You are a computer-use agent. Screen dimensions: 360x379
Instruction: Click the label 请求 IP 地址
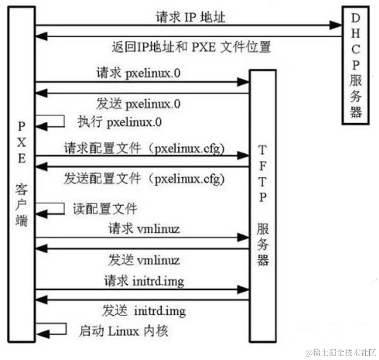click(x=190, y=18)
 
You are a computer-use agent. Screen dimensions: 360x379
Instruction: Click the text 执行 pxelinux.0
click(x=120, y=121)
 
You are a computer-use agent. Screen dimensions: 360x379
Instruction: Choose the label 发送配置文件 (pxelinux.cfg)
click(x=145, y=179)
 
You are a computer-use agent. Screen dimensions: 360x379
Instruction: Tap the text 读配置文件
click(x=105, y=208)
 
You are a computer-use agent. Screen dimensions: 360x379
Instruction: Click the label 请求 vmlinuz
click(x=144, y=229)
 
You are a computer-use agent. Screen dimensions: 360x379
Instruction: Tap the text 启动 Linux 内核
click(x=124, y=330)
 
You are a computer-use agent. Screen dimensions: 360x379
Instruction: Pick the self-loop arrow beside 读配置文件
click(x=52, y=209)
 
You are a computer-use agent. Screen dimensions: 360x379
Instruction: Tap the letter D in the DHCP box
click(x=356, y=18)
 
